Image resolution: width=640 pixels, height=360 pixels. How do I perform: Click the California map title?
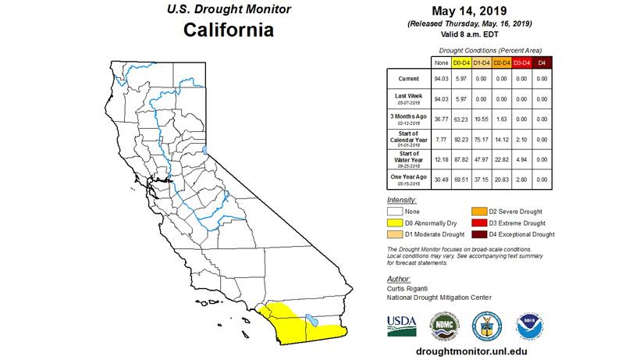point(228,32)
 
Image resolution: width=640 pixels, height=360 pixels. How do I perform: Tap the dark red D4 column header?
point(542,62)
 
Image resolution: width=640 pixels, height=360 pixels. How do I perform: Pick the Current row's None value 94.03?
point(441,79)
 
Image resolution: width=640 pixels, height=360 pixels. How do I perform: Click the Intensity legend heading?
point(402,200)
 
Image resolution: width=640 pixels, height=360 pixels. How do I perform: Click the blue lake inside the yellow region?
point(311,319)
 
